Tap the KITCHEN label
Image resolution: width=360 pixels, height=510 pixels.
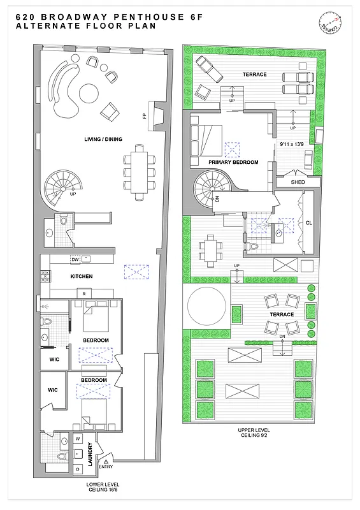point(81,276)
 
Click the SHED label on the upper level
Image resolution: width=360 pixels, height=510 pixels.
point(298,182)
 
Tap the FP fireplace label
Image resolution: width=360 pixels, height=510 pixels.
point(145,116)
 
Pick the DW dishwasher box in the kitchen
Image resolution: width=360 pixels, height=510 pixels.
point(75,259)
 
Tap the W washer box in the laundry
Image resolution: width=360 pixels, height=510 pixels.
point(78,439)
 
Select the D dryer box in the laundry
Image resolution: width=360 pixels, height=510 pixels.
point(78,469)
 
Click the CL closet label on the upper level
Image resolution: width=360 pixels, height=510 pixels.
point(308,223)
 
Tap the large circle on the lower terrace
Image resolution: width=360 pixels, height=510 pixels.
point(206,306)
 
